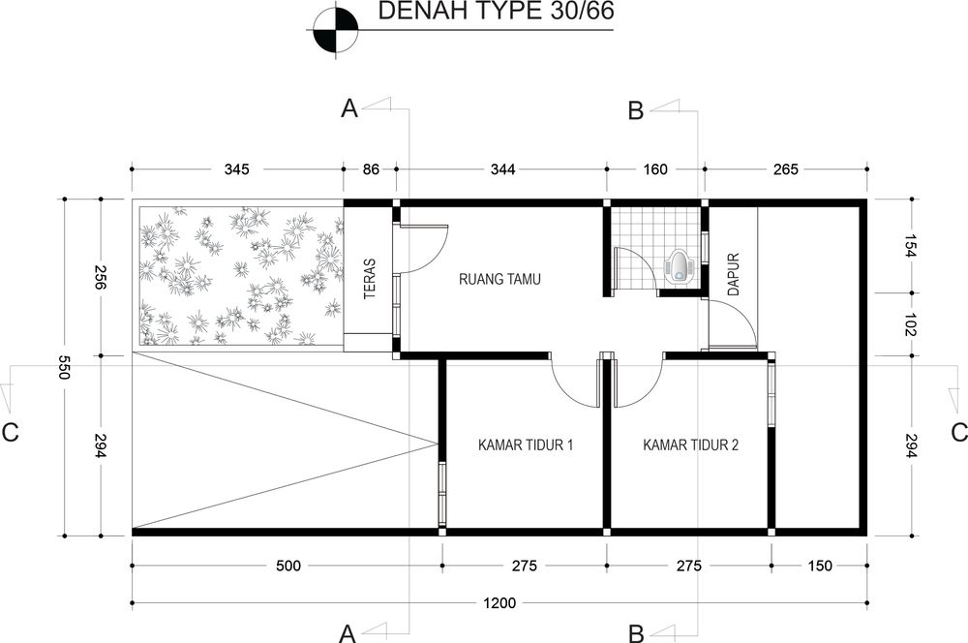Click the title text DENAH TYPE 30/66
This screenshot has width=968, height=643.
[481, 13]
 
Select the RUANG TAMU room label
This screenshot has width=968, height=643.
[499, 280]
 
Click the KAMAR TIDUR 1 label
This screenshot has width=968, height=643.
[526, 445]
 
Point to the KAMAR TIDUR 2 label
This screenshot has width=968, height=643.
[690, 445]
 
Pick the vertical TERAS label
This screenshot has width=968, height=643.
[370, 279]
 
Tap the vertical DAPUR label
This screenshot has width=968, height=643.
[733, 275]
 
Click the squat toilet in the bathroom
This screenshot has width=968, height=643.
[684, 267]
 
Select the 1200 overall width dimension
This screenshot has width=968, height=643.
[499, 603]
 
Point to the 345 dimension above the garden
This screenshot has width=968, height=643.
[237, 169]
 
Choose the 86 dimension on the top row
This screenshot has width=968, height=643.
[371, 169]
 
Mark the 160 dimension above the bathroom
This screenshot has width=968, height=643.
[654, 169]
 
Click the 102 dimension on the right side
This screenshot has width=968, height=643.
[911, 323]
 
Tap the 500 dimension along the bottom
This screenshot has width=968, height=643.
[287, 566]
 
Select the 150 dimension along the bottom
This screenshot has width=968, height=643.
[820, 566]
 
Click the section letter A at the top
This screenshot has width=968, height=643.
[349, 110]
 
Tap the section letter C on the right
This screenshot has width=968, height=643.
[958, 432]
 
